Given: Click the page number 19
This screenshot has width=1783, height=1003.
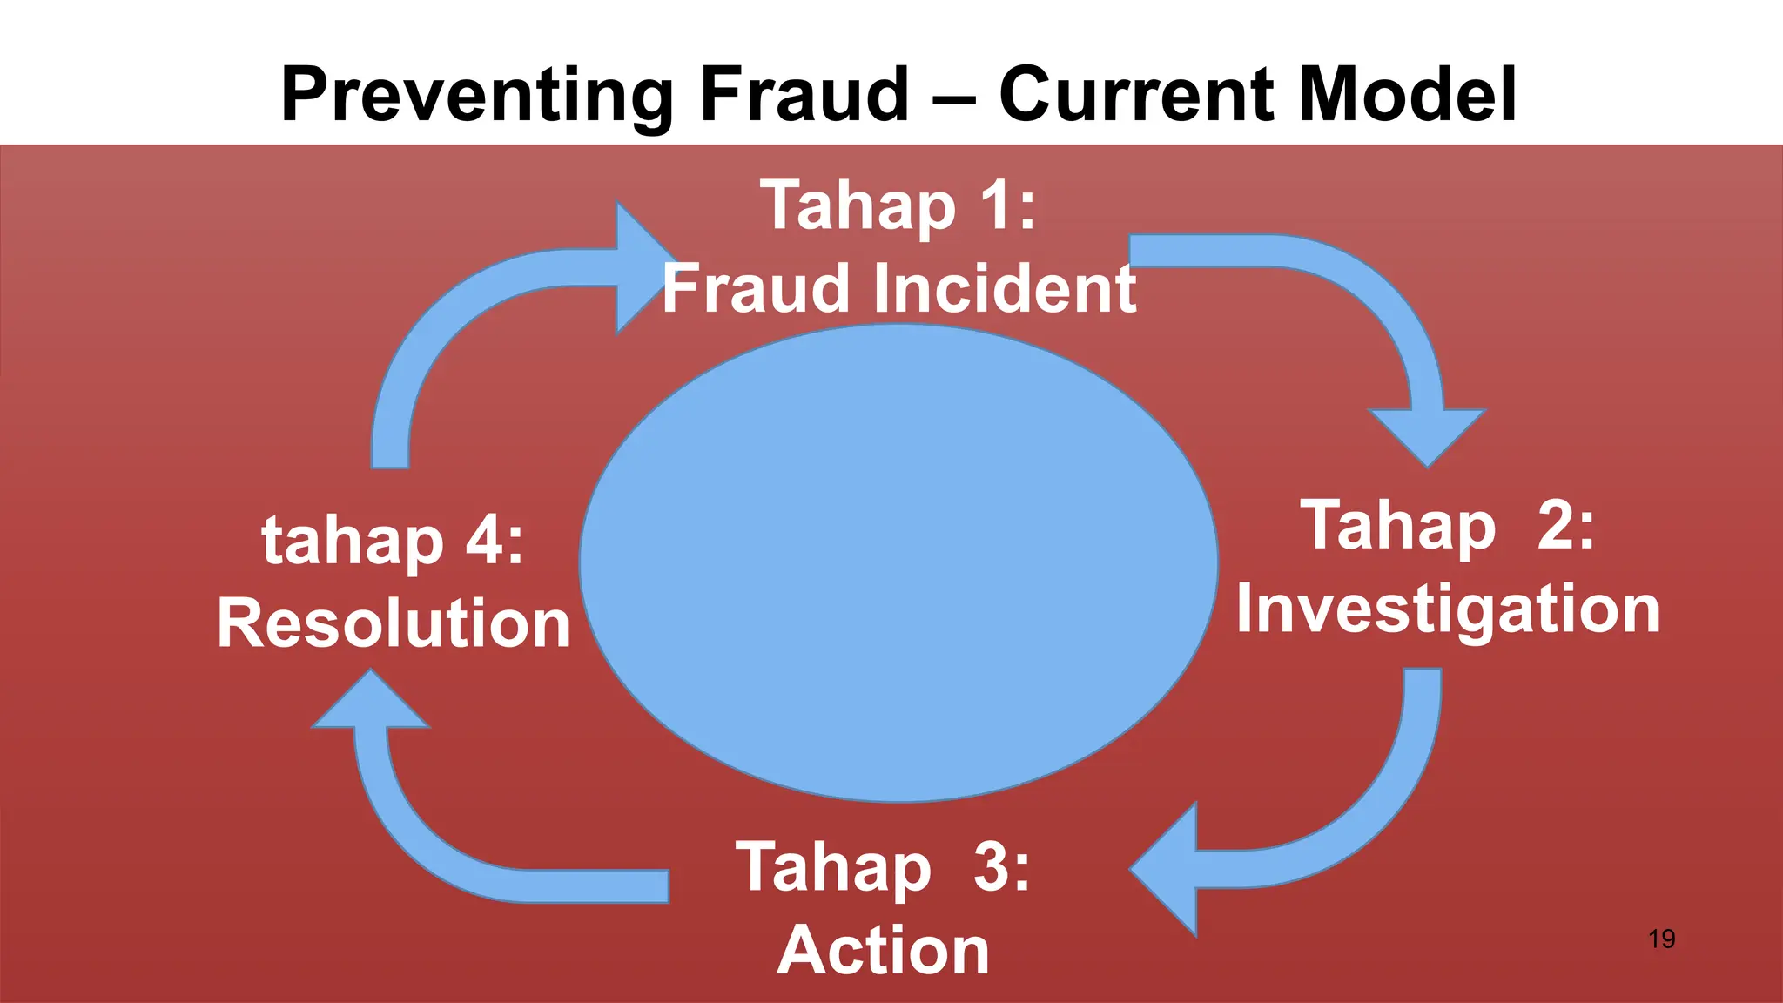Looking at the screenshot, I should point(1662,939).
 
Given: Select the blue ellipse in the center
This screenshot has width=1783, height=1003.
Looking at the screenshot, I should point(898,562).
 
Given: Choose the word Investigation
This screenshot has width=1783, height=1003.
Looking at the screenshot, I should point(1448,609).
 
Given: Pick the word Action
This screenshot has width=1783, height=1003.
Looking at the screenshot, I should point(883,951).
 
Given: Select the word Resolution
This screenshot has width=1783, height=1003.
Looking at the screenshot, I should point(394,624).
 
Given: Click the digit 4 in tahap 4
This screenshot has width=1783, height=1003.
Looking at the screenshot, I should point(484,541).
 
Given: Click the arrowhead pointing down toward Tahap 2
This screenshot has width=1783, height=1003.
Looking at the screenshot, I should point(1428,435).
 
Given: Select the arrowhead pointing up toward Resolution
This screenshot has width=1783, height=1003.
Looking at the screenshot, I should point(371,703).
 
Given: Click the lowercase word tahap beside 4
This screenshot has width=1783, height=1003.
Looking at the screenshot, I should point(353,542).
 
